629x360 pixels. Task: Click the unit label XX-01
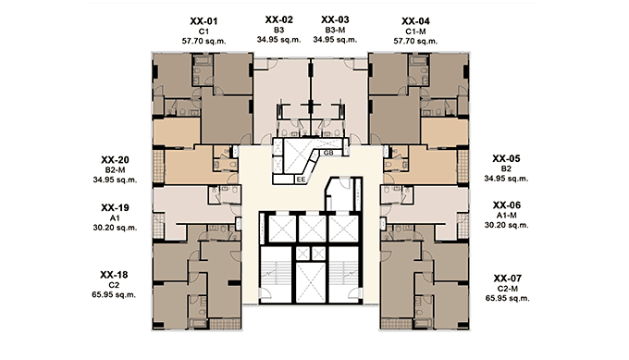pos(203,21)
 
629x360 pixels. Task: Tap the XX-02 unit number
pos(278,19)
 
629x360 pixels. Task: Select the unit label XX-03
pos(335,19)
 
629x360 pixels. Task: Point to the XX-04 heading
pos(415,21)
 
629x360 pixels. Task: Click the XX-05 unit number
pos(506,158)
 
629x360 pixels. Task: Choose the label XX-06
pos(507,205)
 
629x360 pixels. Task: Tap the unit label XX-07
pos(508,279)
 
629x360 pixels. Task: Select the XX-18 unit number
pos(114,275)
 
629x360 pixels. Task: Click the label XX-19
pos(115,208)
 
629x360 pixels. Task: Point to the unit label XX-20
pos(115,160)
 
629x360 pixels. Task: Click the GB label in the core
pos(328,153)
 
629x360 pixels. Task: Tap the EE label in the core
pos(301,180)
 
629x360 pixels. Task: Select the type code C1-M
pos(415,31)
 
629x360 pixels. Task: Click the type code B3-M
pos(335,31)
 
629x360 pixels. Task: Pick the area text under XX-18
pos(114,294)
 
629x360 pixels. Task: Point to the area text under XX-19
pos(115,228)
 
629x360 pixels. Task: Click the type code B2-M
pos(115,170)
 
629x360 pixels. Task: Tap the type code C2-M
pos(508,289)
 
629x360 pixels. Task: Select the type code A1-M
pos(507,216)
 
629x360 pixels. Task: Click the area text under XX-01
pos(203,41)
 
